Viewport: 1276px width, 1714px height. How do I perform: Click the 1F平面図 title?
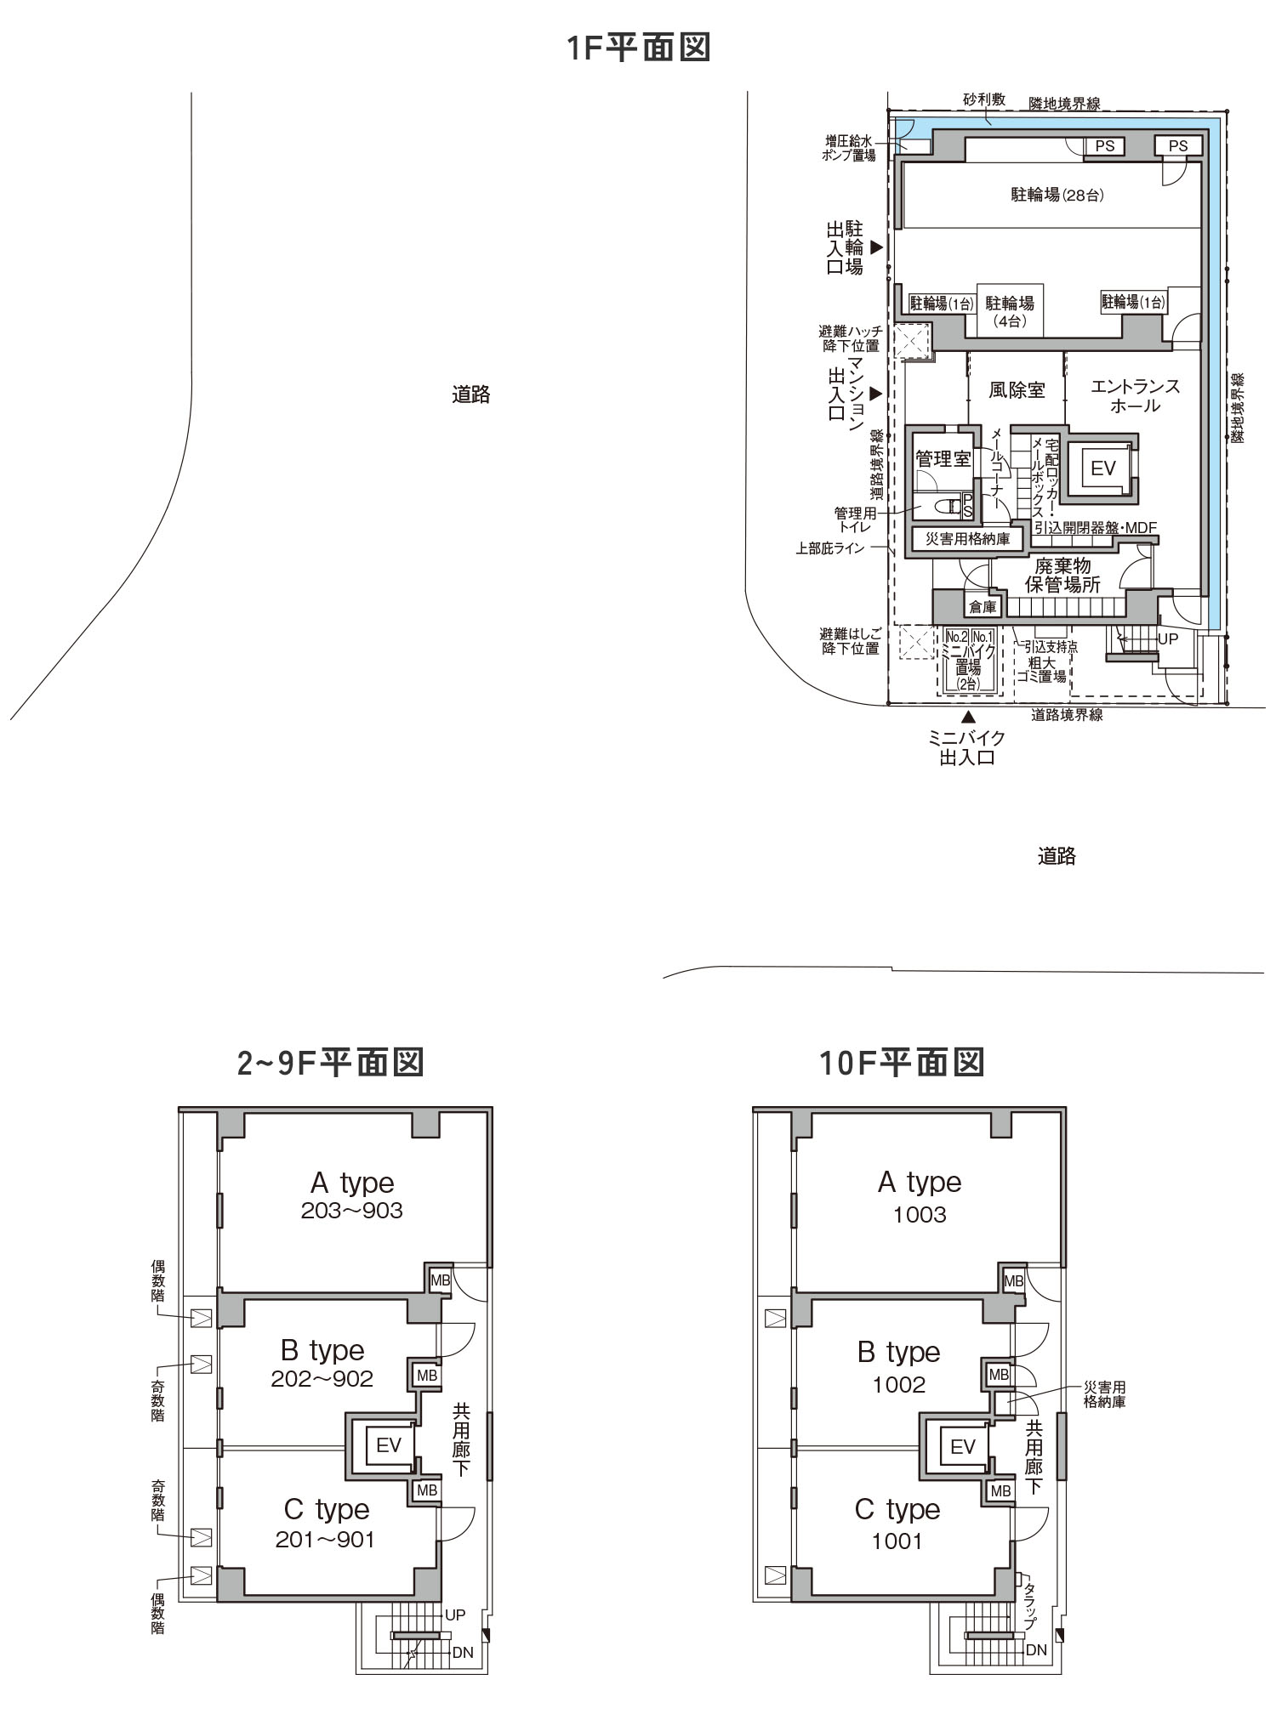[x=639, y=48]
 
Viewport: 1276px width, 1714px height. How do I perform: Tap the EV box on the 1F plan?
[x=1102, y=468]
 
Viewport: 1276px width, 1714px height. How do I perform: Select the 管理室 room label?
[x=943, y=460]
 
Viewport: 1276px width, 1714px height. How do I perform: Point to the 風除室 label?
[x=1017, y=390]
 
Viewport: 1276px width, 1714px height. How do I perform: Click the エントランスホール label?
[x=1135, y=396]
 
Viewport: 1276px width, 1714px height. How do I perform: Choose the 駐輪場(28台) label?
[x=1057, y=196]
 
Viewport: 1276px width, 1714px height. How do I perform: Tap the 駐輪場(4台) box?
[x=1010, y=311]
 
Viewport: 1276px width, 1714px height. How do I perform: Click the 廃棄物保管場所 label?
[x=1062, y=576]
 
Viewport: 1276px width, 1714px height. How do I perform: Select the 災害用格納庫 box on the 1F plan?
[x=968, y=539]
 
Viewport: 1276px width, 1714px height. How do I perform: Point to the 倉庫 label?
[x=983, y=607]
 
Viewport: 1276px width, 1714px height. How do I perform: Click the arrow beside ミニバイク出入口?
[x=968, y=717]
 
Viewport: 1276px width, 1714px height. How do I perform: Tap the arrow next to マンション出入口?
[x=875, y=394]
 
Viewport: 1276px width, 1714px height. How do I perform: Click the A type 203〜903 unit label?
[x=352, y=1195]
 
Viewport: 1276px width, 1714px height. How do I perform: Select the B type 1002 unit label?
[x=898, y=1367]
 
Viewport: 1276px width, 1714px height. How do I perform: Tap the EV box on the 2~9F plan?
[x=388, y=1445]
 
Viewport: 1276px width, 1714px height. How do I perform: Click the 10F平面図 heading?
[x=902, y=1063]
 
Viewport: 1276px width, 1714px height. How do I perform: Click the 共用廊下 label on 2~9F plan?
[x=461, y=1439]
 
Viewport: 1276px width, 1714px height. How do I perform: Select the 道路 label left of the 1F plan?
[x=470, y=394]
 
